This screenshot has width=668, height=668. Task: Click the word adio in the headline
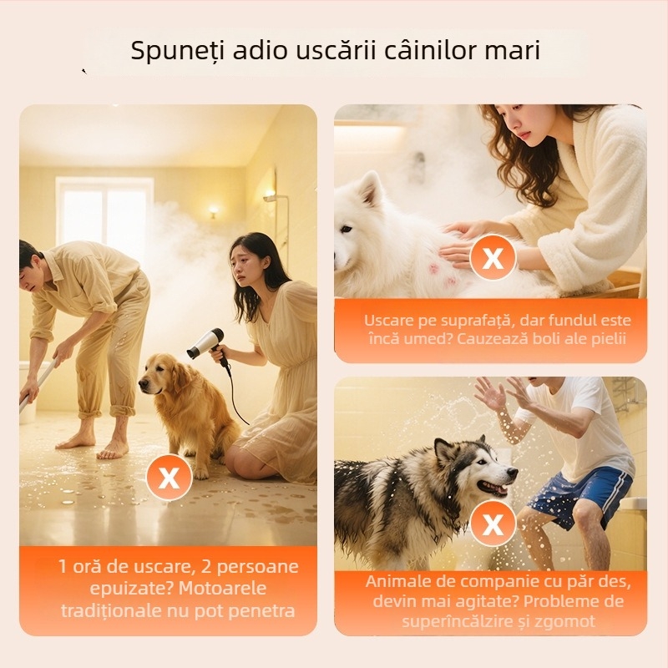point(260,51)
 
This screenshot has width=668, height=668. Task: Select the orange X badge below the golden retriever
point(169,477)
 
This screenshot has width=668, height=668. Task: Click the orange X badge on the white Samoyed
point(493,257)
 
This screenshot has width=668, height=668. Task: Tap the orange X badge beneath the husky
point(493,524)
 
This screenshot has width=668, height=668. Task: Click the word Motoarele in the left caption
point(222,589)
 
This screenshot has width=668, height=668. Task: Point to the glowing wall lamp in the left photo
point(213,211)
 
